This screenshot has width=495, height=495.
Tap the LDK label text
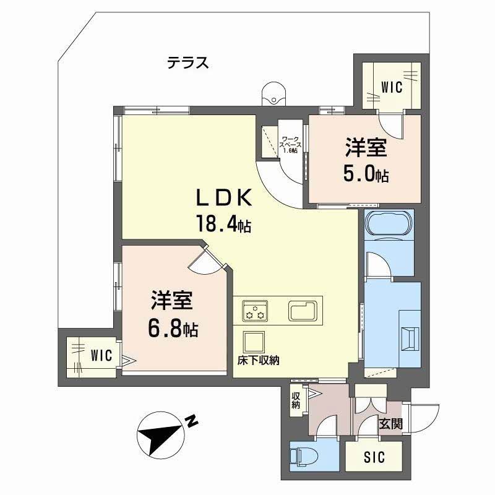pyautogui.click(x=223, y=199)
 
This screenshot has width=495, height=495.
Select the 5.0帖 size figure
pyautogui.click(x=366, y=174)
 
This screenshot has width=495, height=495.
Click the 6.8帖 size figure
pyautogui.click(x=173, y=329)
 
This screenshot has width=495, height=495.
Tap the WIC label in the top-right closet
pyautogui.click(x=391, y=87)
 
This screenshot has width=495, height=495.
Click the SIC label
pyautogui.click(x=374, y=458)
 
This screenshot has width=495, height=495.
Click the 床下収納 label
pyautogui.click(x=258, y=361)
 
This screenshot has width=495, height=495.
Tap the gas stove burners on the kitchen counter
pyautogui.click(x=255, y=311)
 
